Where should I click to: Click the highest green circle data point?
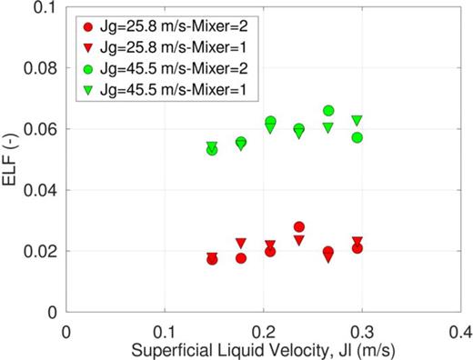(328, 111)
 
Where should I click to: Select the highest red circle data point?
(299, 226)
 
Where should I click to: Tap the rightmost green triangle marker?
(357, 120)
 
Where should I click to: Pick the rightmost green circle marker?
(357, 137)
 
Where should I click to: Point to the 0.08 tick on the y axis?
(41, 68)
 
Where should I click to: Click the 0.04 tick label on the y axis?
(41, 190)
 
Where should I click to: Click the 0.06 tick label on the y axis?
(41, 129)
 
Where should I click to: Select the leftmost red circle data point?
(212, 259)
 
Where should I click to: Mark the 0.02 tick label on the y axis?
(41, 251)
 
